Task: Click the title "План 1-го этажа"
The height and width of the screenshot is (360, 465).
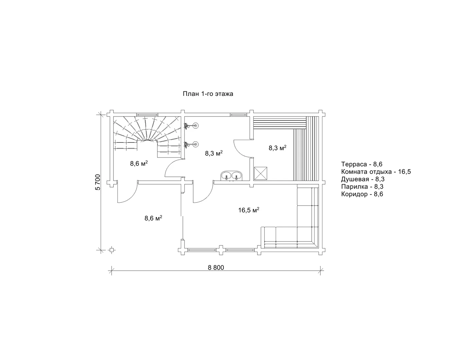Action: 208,94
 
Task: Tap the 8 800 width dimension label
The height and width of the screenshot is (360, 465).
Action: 216,267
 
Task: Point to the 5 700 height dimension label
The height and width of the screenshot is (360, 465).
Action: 97,182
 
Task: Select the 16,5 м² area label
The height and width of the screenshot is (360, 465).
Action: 249,210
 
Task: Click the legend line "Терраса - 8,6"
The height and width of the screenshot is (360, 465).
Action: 362,164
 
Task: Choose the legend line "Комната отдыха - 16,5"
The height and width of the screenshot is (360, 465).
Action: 376,172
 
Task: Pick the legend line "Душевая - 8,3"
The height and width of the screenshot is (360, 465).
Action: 363,179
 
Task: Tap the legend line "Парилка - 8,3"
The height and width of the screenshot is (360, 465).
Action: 362,187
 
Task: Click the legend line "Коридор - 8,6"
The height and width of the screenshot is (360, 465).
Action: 362,194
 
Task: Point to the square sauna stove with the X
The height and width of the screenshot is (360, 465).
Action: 260,173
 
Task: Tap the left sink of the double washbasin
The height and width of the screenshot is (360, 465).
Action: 226,176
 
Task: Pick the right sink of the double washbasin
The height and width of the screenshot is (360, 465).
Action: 236,176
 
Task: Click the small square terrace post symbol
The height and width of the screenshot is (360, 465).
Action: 111,250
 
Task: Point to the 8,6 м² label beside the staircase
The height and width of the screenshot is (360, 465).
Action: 139,163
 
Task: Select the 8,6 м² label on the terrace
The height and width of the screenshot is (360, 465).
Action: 153,218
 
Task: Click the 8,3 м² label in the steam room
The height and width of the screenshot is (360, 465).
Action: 278,148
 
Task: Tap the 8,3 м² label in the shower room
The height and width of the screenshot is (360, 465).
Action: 214,153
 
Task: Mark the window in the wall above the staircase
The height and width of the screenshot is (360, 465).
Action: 147,115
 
